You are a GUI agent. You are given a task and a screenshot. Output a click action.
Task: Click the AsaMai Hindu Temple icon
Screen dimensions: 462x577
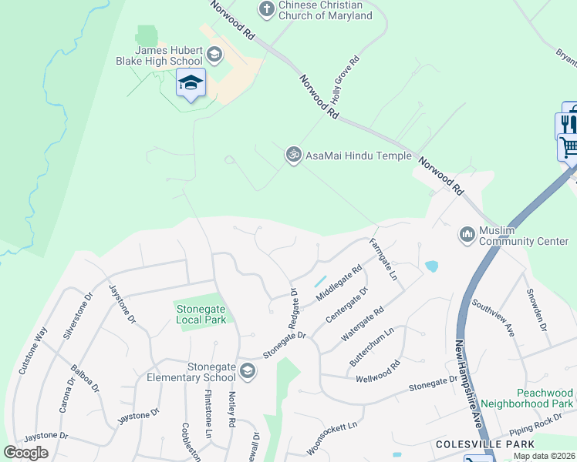click(292, 155)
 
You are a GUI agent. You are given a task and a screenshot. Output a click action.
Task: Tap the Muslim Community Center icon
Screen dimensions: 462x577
click(466, 233)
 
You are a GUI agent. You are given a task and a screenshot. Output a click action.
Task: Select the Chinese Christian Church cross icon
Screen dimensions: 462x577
click(266, 9)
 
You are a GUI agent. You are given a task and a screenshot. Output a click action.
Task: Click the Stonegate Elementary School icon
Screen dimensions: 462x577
click(247, 371)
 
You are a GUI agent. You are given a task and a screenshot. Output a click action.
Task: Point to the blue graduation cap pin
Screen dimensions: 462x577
click(191, 82)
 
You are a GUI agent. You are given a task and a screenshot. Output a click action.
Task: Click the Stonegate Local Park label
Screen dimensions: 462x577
click(201, 314)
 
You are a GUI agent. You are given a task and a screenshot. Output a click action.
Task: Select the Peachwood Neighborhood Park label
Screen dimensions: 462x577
click(527, 397)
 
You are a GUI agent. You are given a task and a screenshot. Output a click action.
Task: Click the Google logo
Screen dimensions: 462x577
click(25, 453)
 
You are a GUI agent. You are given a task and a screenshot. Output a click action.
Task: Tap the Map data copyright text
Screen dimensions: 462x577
click(544, 456)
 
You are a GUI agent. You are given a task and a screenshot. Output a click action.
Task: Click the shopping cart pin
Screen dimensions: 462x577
click(569, 146)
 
